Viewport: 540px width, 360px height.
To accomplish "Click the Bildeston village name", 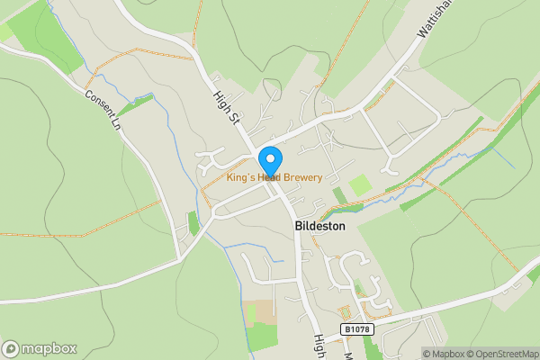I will (321, 228).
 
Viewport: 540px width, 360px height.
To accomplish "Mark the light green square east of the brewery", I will (360, 185).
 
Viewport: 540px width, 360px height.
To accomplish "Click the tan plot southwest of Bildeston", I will (262, 311).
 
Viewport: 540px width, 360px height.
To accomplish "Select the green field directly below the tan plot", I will (262, 337).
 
